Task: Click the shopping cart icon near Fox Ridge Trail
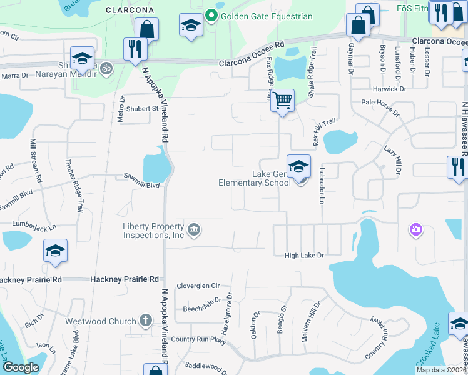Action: pos(283,100)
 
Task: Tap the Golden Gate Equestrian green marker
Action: pos(211,16)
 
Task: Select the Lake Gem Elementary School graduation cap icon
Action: pos(299,166)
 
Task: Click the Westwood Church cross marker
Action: pos(145,321)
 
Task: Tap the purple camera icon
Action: pos(415,231)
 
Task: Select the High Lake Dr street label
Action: pos(304,255)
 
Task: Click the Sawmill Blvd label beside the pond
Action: pos(141,186)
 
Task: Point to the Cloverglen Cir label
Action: pos(198,286)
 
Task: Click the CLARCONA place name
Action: pos(130,10)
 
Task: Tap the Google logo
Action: pos(20,367)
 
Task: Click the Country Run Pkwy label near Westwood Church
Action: pos(198,339)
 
